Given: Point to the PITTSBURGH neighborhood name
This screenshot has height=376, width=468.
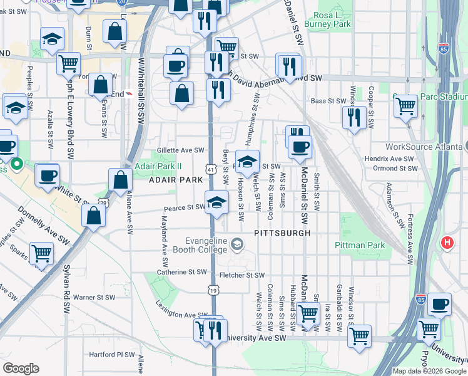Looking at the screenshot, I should [x=282, y=232].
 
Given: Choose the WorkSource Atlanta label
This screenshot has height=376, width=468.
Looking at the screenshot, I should [x=424, y=147].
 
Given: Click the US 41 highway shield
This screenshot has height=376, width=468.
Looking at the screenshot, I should [x=210, y=170].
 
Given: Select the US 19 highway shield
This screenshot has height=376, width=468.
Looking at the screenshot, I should [x=214, y=290].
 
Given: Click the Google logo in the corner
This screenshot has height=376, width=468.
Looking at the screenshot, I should [x=21, y=368].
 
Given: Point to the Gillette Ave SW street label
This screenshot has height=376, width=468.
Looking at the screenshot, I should [x=181, y=150].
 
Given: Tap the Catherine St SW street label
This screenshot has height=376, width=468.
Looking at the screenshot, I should [x=181, y=273].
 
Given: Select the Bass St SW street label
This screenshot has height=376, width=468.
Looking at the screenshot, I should [x=328, y=101].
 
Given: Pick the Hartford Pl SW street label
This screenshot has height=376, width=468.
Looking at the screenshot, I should [x=112, y=355].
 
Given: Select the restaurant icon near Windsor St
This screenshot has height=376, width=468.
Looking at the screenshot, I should [x=354, y=117].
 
